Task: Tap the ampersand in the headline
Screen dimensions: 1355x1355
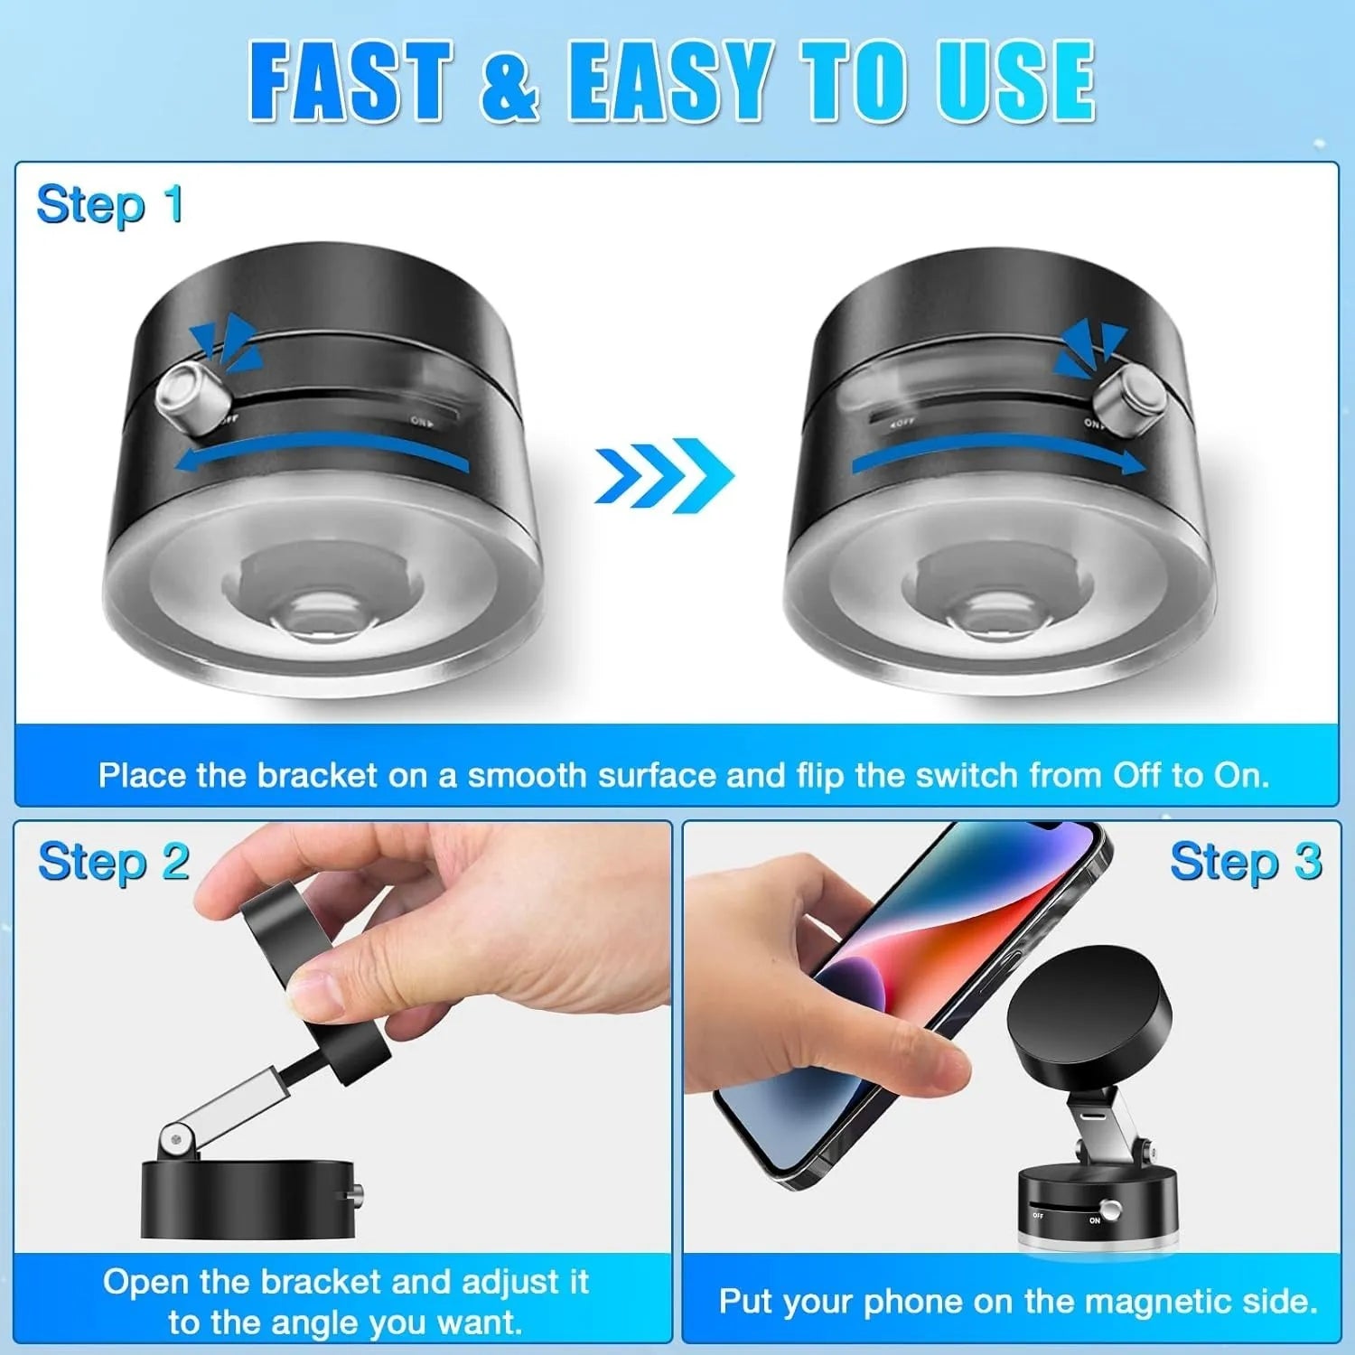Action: pyautogui.click(x=509, y=83)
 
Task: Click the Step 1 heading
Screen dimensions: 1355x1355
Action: pyautogui.click(x=109, y=204)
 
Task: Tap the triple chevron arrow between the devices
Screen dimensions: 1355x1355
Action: pyautogui.click(x=664, y=475)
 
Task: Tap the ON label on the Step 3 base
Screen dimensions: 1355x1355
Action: pyautogui.click(x=1095, y=1220)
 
